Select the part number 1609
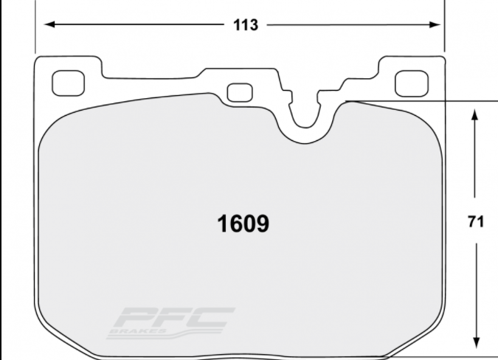pos(242,224)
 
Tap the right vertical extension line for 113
pos(443,30)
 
